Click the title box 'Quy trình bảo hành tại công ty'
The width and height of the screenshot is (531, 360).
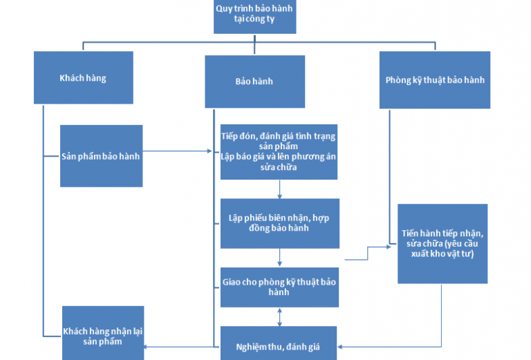(x=254, y=16)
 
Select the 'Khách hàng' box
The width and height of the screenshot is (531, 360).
(x=83, y=78)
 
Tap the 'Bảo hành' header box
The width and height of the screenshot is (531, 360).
(x=254, y=81)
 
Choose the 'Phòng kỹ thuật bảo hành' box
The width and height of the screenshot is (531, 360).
(x=434, y=79)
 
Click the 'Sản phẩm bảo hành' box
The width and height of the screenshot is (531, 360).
(x=101, y=155)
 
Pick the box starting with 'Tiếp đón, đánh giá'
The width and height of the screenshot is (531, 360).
(x=279, y=151)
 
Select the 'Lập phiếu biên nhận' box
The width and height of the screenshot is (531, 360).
(x=279, y=223)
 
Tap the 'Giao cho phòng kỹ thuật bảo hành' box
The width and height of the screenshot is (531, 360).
(x=279, y=287)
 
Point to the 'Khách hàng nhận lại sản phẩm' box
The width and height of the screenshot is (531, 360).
(x=103, y=332)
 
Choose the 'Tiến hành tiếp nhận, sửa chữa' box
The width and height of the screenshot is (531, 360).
(x=442, y=243)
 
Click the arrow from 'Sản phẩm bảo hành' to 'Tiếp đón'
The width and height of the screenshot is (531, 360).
(x=180, y=151)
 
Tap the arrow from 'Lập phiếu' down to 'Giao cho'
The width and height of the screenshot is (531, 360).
(x=279, y=258)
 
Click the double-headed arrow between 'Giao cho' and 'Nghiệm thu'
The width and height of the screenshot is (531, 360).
(x=279, y=317)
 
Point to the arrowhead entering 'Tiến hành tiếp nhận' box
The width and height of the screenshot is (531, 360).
(x=393, y=246)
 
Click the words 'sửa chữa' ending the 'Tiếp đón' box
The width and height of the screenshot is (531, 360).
(x=279, y=168)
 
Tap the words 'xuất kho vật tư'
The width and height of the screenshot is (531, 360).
(x=442, y=254)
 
